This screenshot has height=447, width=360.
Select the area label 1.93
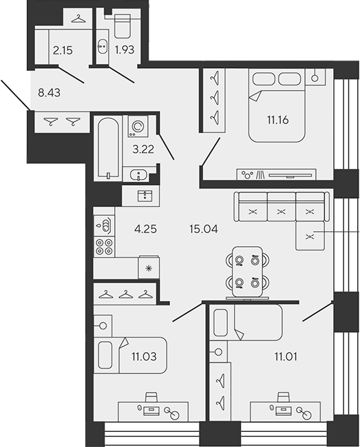(x=124, y=50)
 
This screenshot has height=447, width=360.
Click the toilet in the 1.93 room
(x=123, y=27)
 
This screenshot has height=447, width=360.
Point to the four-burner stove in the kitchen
(x=104, y=246)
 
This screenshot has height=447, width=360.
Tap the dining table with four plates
(x=247, y=271)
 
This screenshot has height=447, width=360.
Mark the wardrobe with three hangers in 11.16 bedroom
(x=214, y=100)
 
